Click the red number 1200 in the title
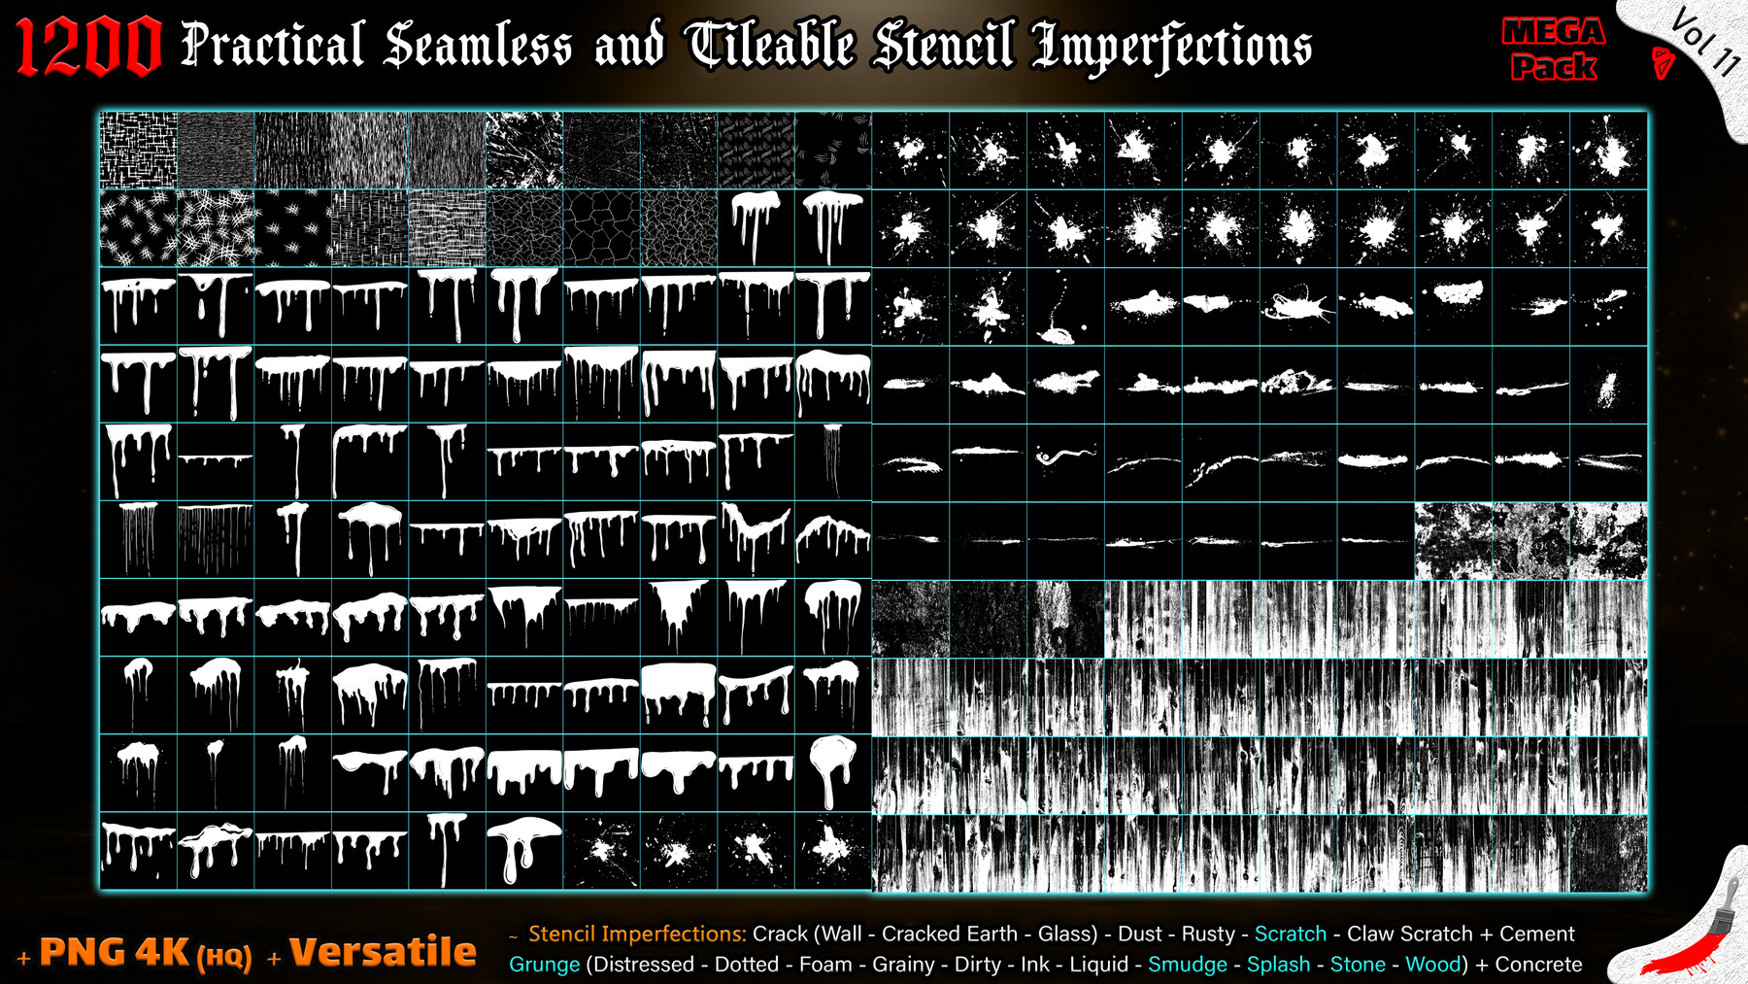tap(88, 46)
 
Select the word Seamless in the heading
tap(478, 45)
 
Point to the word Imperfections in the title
tap(1172, 47)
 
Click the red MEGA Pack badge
tap(1554, 49)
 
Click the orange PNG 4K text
tap(116, 952)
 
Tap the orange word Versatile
tap(383, 952)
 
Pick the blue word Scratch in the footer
tap(1291, 933)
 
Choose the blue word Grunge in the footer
tap(544, 965)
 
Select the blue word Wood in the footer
tap(1433, 965)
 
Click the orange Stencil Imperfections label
tap(637, 933)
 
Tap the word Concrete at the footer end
tap(1538, 965)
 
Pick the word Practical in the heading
tap(273, 45)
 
